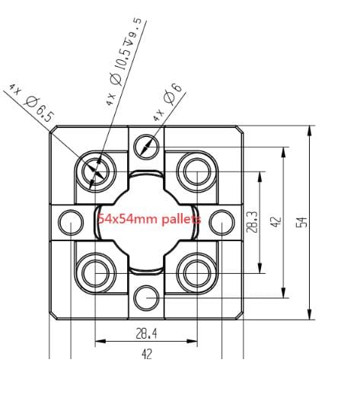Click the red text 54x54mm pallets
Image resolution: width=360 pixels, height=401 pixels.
pyautogui.click(x=149, y=219)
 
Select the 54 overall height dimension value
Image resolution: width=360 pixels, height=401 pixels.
pyautogui.click(x=301, y=221)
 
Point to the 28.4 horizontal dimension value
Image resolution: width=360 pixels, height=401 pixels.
pyautogui.click(x=146, y=333)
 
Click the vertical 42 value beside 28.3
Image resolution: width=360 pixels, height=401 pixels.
pyautogui.click(x=276, y=221)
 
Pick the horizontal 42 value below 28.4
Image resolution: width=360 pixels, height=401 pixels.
pyautogui.click(x=146, y=353)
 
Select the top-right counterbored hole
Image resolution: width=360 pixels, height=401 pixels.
pyautogui.click(x=196, y=168)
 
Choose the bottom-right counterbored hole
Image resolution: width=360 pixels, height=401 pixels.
pyautogui.click(x=196, y=271)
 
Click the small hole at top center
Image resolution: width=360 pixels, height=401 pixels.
pyautogui.click(x=146, y=147)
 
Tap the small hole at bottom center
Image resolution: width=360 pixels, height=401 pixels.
pyautogui.click(x=146, y=295)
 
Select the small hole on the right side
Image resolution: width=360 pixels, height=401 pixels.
pyautogui.click(x=221, y=221)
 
